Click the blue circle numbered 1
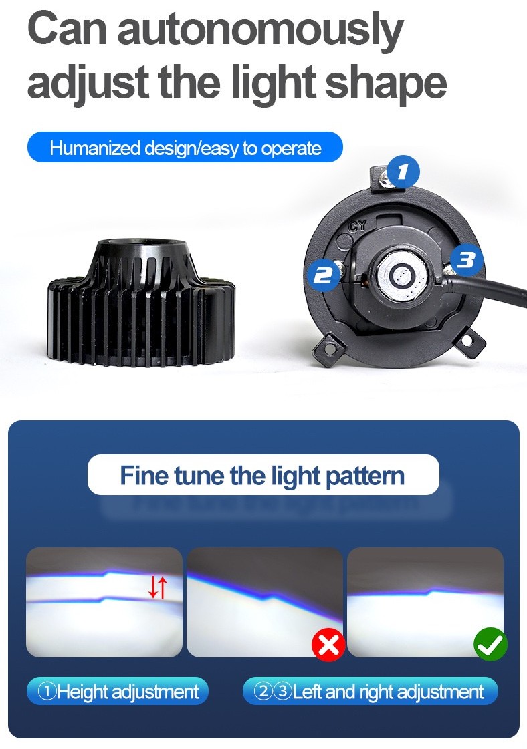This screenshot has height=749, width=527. pyautogui.click(x=403, y=172)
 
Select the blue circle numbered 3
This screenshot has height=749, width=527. pyautogui.click(x=466, y=260)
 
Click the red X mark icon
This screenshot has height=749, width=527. pyautogui.click(x=328, y=645)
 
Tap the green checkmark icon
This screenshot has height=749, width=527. pyautogui.click(x=490, y=644)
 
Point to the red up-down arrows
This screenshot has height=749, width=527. pyautogui.click(x=158, y=587)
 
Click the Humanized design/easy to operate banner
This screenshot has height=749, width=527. pyautogui.click(x=185, y=148)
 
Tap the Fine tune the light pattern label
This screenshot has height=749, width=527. pyautogui.click(x=263, y=475)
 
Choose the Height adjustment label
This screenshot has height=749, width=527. pyautogui.click(x=118, y=691)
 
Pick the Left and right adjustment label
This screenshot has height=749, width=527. pyautogui.click(x=370, y=691)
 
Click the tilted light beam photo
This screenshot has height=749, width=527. pyautogui.click(x=264, y=603)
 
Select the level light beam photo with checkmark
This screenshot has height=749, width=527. pyautogui.click(x=425, y=603)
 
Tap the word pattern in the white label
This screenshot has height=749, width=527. pyautogui.click(x=364, y=476)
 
